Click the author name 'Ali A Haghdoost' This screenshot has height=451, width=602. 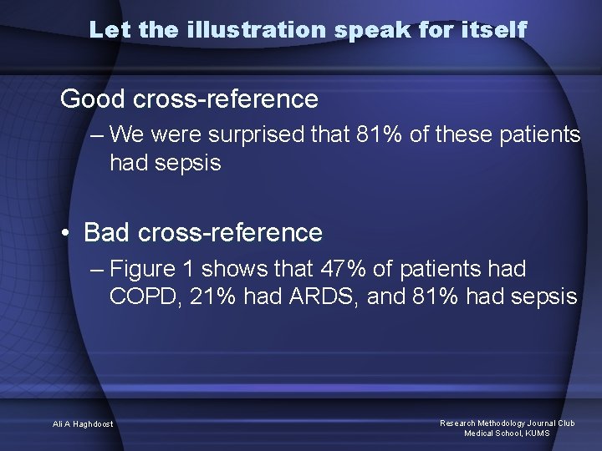tap(83, 424)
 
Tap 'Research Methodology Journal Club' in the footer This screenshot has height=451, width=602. tap(508, 423)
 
